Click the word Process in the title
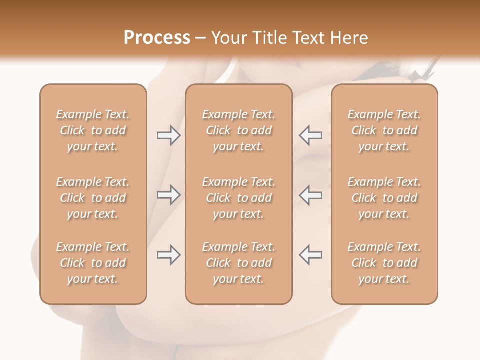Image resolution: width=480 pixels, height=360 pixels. [x=157, y=38]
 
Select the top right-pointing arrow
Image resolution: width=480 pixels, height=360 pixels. [x=168, y=135]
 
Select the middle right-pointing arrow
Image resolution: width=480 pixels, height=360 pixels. [x=168, y=194]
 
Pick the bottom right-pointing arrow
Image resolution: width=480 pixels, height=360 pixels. [x=168, y=255]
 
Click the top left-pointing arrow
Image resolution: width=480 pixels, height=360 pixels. [x=310, y=135]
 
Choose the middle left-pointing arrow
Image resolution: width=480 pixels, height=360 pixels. [x=310, y=194]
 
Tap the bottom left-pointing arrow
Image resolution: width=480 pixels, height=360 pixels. [x=310, y=255]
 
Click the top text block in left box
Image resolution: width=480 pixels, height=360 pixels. [x=93, y=130]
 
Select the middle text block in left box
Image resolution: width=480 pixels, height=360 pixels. [x=93, y=198]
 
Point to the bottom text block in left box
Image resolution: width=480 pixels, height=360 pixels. [x=93, y=263]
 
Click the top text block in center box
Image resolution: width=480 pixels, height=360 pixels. [x=238, y=130]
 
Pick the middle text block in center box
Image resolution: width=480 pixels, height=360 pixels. [x=238, y=198]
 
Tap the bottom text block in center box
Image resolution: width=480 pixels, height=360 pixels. [x=238, y=263]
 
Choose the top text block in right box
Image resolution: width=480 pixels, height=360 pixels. [x=384, y=130]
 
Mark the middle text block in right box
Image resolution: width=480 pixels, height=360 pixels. [x=384, y=198]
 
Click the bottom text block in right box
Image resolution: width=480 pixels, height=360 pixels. [x=384, y=263]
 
